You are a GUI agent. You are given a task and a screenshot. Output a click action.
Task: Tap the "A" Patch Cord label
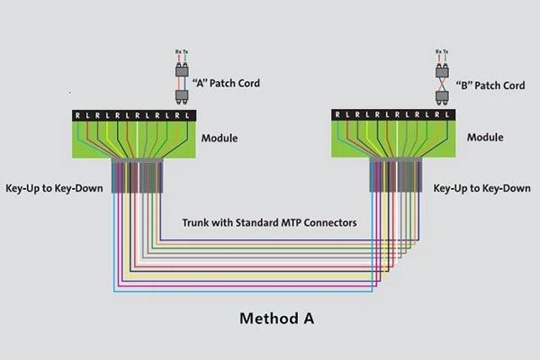pyautogui.click(x=226, y=83)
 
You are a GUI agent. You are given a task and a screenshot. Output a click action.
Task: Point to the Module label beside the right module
pyautogui.click(x=485, y=139)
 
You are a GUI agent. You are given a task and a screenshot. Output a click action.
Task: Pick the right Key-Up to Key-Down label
pyautogui.click(x=482, y=188)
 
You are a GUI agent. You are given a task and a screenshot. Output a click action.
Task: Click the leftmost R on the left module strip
pyautogui.click(x=78, y=115)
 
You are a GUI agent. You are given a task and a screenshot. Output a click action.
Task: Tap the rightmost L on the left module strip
pyautogui.click(x=186, y=115)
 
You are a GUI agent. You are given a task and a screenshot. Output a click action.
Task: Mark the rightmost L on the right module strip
pyautogui.click(x=447, y=115)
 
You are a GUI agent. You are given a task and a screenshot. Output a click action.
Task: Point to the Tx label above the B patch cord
pyautogui.click(x=445, y=54)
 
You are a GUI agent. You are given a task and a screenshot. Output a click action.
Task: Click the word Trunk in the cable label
pyautogui.click(x=197, y=221)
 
